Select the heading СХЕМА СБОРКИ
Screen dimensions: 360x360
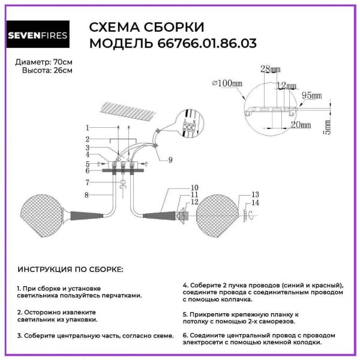(x=146, y=28)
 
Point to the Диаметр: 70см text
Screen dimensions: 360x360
(x=44, y=62)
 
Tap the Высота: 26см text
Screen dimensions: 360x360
(x=47, y=70)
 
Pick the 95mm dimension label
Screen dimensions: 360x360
(x=311, y=95)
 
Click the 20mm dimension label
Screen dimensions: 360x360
(x=301, y=125)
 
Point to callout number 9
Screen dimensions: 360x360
(x=170, y=160)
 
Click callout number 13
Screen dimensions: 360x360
(x=254, y=195)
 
